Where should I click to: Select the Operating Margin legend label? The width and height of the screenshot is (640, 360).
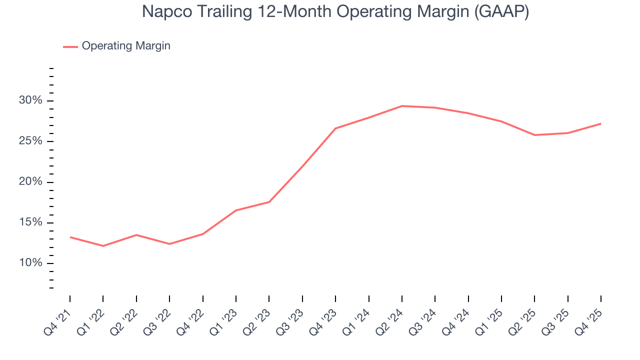point(126,46)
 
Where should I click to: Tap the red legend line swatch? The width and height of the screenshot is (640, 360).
point(70,46)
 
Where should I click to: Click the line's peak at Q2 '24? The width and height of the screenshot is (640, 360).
point(402,106)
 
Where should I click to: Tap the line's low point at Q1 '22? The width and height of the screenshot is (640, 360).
point(103,246)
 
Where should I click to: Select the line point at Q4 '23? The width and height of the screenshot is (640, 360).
point(335,128)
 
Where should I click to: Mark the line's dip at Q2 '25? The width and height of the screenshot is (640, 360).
point(534,135)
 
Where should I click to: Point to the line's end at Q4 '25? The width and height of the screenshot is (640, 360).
point(600,123)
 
